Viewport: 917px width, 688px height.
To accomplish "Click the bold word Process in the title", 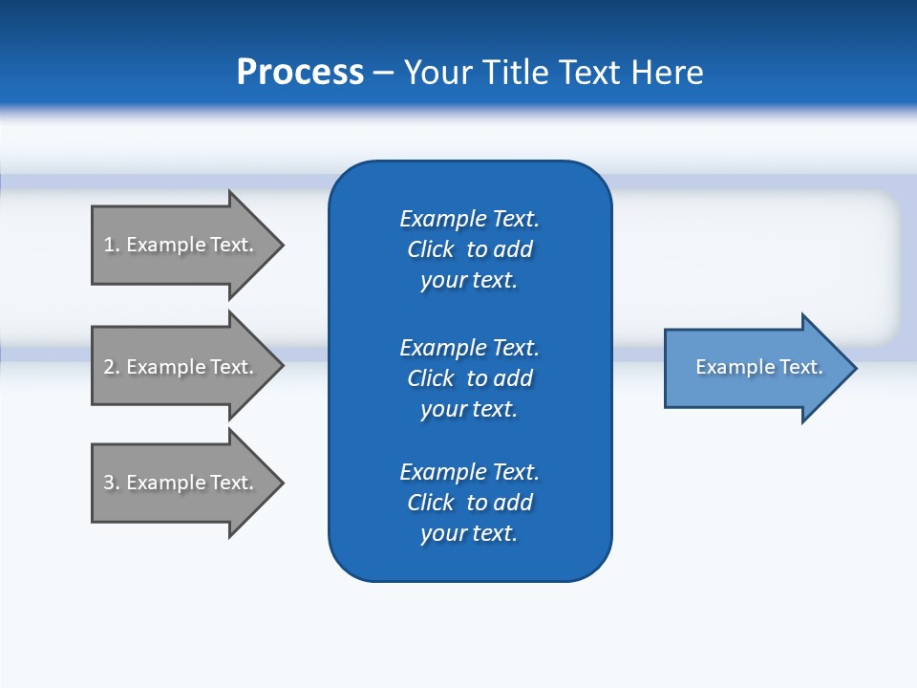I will (x=300, y=73).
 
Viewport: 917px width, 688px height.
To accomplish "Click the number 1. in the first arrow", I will (x=111, y=245).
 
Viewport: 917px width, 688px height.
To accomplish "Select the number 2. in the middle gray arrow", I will (x=111, y=367).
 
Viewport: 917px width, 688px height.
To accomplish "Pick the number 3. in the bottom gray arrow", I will (x=111, y=483).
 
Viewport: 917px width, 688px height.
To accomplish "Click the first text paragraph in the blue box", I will (x=469, y=249).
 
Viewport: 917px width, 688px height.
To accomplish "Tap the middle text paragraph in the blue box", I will (x=469, y=378).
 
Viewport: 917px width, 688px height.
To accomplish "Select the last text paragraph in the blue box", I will (x=469, y=503).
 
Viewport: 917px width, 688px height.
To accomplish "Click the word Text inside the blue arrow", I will (x=801, y=367).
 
